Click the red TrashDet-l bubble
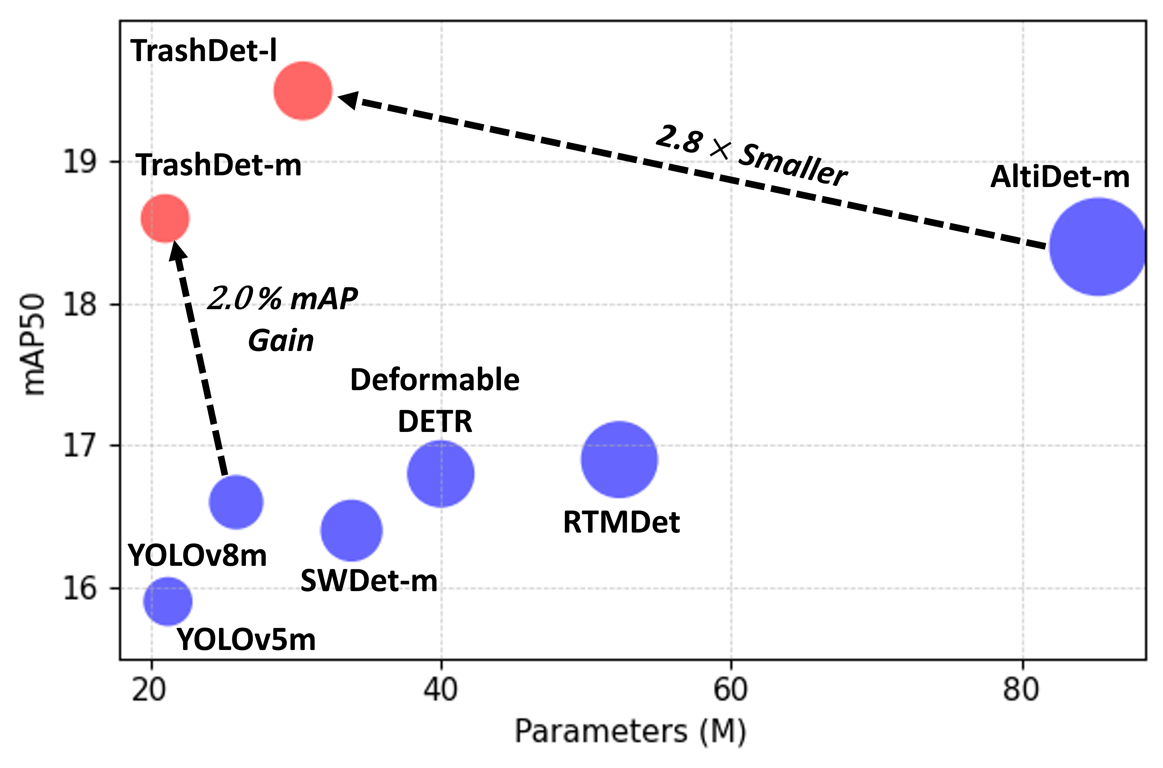coord(303,91)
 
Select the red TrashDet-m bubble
coord(165,218)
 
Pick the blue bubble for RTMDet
coord(619,459)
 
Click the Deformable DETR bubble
coord(441,474)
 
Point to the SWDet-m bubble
coord(351,530)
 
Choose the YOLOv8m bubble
coord(236,502)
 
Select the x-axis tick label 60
coord(730,690)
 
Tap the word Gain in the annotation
coord(281,341)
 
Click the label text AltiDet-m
coord(1059,177)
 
